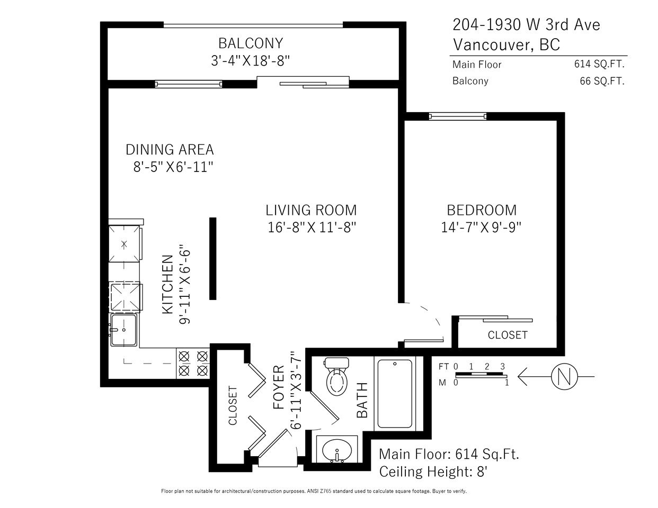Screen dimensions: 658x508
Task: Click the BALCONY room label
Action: coord(251,43)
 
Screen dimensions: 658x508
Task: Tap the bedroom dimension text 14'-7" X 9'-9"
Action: coord(481,228)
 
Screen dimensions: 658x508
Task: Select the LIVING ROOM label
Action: coord(312,211)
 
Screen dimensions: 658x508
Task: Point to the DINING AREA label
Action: coord(170,150)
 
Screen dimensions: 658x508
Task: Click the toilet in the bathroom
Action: coord(337,376)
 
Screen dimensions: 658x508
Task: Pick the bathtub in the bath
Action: coord(395,393)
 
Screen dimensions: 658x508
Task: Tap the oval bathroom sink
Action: coord(337,451)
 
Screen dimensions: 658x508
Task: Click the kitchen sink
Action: coord(124,330)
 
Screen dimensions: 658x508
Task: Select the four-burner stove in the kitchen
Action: coord(193,363)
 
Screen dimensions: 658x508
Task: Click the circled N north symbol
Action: coord(564,376)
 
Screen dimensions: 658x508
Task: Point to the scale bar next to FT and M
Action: coord(481,375)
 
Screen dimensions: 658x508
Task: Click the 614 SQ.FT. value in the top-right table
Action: coord(599,64)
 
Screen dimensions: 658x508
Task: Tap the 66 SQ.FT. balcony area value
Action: coord(602,81)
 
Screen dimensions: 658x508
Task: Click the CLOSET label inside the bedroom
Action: coord(508,335)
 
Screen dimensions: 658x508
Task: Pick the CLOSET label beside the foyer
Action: coord(233,405)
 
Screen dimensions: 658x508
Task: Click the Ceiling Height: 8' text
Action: coord(433,471)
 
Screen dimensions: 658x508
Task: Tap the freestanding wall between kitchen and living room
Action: coord(213,259)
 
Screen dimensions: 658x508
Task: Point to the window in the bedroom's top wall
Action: coord(458,116)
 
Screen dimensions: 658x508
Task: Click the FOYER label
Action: coord(279,387)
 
